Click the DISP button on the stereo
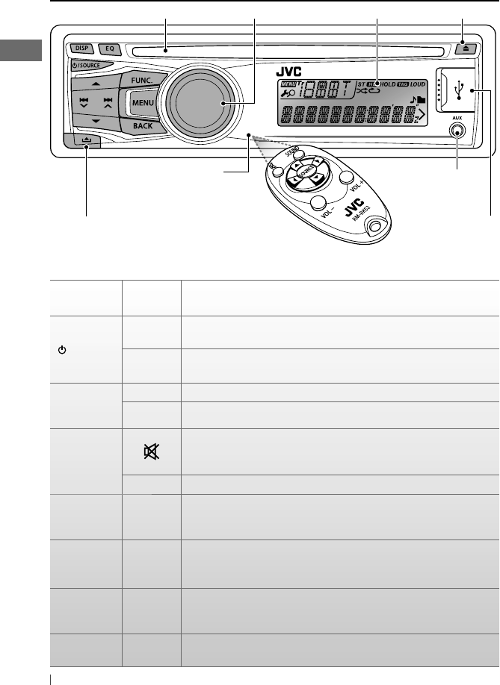pos(81,49)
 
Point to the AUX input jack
pos(457,130)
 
